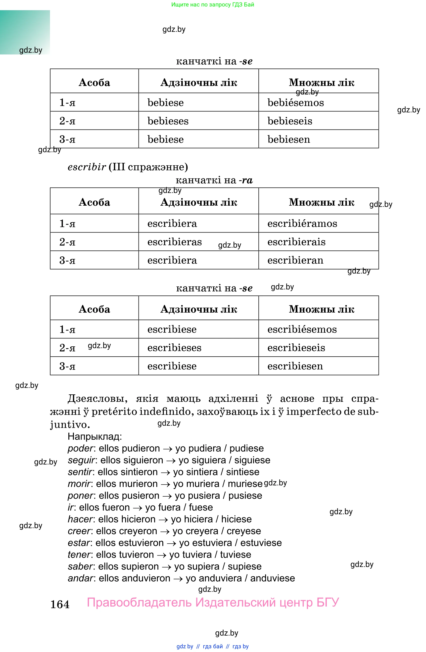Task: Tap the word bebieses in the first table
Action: [168, 121]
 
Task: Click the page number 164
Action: [60, 604]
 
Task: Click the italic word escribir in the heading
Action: [87, 167]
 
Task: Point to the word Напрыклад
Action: [95, 436]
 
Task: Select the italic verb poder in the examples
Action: [81, 448]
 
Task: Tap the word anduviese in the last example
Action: [272, 578]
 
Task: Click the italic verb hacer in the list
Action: [80, 519]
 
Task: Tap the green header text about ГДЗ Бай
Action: [213, 4]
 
